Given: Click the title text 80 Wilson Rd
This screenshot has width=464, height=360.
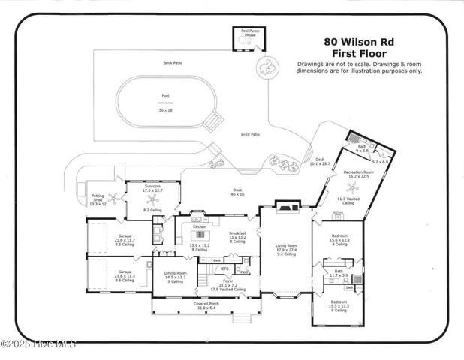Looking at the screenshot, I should pos(360,43).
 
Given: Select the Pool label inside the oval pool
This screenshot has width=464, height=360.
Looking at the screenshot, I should pos(166,96).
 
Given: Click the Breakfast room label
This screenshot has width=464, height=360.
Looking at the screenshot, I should pos(237,232).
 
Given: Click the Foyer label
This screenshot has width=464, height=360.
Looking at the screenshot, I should pos(227,281).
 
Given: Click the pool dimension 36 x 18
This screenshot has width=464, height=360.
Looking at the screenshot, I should pos(166,109).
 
